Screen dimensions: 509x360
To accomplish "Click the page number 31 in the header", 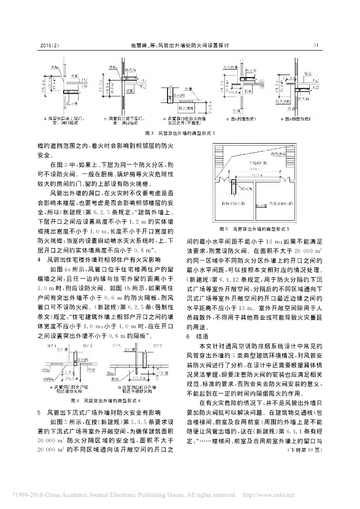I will [x=315, y=45].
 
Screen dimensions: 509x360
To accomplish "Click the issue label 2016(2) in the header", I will [x=49, y=45].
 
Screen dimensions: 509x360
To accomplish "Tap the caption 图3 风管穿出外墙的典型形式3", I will [x=180, y=133].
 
